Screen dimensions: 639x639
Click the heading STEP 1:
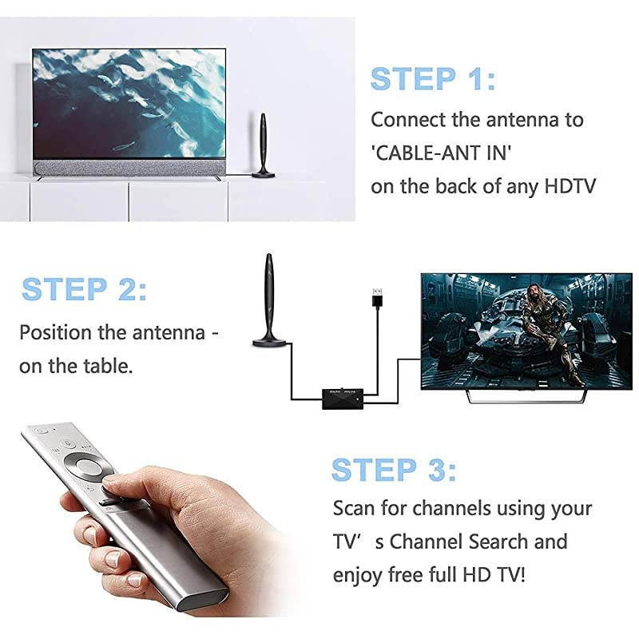click(433, 80)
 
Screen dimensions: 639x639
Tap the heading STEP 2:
click(84, 289)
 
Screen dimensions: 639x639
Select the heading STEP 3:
click(394, 470)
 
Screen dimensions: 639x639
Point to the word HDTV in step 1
click(570, 186)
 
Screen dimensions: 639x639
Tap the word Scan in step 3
click(352, 508)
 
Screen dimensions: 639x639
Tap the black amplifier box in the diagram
click(343, 399)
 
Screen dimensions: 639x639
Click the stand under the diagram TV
click(526, 395)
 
